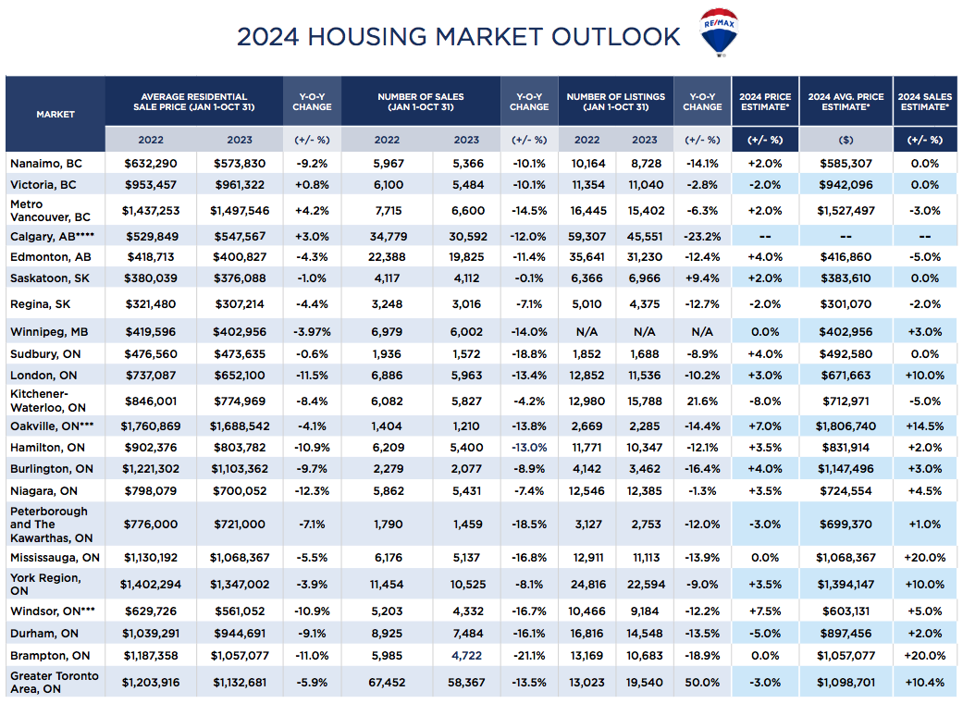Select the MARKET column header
pyautogui.click(x=56, y=114)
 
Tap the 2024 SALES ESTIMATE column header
pyautogui.click(x=924, y=102)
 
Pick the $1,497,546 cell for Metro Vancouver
pyautogui.click(x=239, y=209)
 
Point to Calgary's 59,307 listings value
pyautogui.click(x=586, y=236)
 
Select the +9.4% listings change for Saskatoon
pyautogui.click(x=702, y=277)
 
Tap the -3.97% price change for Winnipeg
pyautogui.click(x=312, y=331)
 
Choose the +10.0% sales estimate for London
pyautogui.click(x=924, y=376)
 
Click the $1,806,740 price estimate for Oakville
pyautogui.click(x=846, y=426)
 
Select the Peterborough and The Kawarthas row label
pyautogui.click(x=50, y=525)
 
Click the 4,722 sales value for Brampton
pyautogui.click(x=466, y=656)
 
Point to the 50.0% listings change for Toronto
pyautogui.click(x=702, y=682)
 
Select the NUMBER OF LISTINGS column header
pyautogui.click(x=615, y=102)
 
